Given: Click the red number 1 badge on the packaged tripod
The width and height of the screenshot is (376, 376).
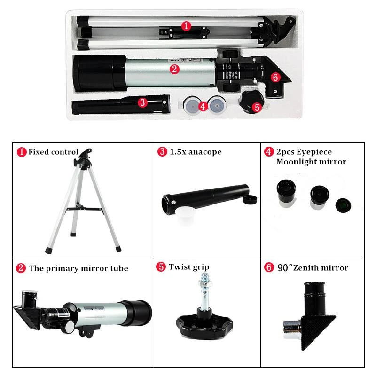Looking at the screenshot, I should click(x=187, y=26).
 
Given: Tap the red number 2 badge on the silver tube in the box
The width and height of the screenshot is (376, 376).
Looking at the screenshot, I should click(x=174, y=69).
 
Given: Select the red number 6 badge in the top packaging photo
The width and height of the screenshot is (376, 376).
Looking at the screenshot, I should click(x=275, y=76).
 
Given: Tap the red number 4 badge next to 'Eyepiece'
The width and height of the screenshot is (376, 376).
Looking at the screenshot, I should click(x=268, y=152).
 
